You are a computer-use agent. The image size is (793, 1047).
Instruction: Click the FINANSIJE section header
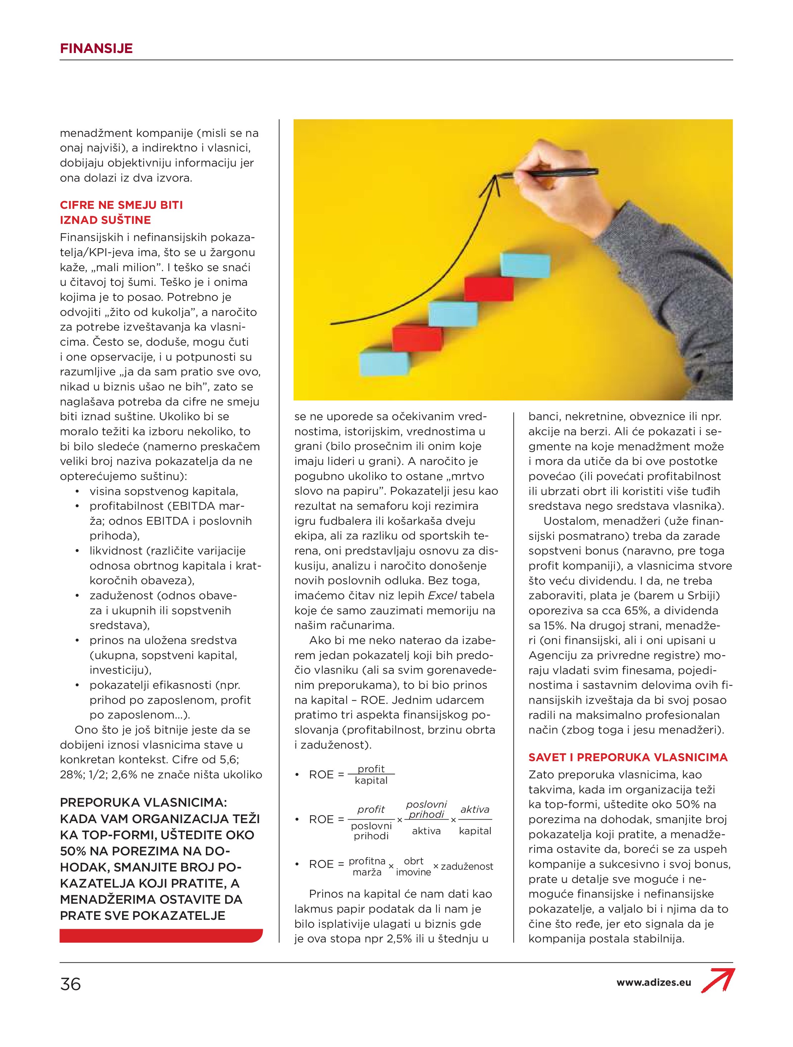coord(96,48)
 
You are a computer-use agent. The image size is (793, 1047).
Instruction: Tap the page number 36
coord(71,984)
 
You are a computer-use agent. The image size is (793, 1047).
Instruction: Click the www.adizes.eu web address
coord(653,982)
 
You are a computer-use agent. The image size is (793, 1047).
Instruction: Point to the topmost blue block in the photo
coord(525,265)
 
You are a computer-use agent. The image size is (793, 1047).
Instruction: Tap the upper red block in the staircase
coord(489,289)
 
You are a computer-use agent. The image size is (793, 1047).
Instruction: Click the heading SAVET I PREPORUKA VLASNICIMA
coord(627,757)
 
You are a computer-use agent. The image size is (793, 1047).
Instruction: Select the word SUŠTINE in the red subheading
coord(129,220)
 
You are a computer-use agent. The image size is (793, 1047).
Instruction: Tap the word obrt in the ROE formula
coord(414,861)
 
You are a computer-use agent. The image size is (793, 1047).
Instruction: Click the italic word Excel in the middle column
coord(442,595)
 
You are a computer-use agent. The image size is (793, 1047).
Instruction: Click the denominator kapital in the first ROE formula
coord(371,780)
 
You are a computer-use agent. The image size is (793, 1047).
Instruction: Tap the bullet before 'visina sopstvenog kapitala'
coord(77,492)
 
